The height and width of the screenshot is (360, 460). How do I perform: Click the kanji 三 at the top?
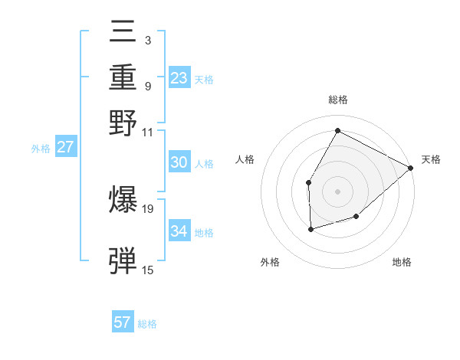[124, 33]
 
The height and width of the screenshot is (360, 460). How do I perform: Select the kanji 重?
[124, 79]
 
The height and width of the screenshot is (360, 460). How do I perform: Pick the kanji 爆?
[124, 200]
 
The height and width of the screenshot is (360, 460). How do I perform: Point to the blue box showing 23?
[179, 78]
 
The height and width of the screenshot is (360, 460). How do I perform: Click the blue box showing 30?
[179, 162]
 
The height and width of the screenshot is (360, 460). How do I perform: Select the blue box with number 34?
[179, 231]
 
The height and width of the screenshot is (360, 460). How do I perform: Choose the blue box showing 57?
[123, 322]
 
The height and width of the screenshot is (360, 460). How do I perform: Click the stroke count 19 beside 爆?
[148, 208]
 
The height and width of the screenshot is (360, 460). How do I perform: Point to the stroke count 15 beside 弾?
[148, 270]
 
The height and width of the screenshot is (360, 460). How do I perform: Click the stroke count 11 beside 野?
[148, 131]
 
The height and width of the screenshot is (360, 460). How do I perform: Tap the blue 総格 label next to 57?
[147, 324]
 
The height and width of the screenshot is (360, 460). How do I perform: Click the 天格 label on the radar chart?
[431, 159]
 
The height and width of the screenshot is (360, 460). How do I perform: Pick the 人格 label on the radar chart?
[245, 159]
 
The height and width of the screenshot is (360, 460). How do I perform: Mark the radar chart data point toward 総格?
[337, 130]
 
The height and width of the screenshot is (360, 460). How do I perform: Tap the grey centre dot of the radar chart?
[337, 191]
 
